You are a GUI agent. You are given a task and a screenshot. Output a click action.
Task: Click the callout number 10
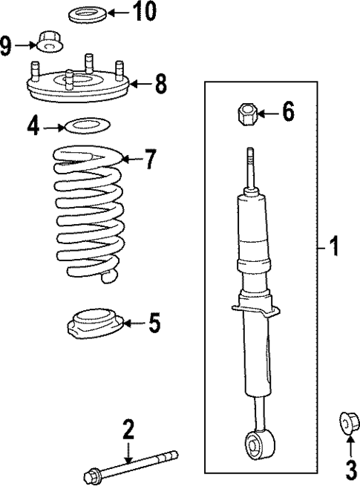pyautogui.click(x=145, y=13)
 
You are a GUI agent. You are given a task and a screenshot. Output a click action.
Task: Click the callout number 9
pyautogui.click(x=7, y=47)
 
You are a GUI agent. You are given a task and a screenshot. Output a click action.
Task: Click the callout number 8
pyautogui.click(x=161, y=84)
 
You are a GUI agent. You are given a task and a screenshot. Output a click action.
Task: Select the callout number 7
pyautogui.click(x=150, y=158)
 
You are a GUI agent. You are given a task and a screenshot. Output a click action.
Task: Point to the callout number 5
pyautogui.click(x=153, y=323)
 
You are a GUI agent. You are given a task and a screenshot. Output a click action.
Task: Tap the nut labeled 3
pyautogui.click(x=346, y=421)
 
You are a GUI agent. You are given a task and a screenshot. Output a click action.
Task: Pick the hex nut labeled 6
pyautogui.click(x=247, y=114)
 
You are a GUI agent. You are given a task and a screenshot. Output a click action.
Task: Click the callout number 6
pyautogui.click(x=288, y=113)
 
